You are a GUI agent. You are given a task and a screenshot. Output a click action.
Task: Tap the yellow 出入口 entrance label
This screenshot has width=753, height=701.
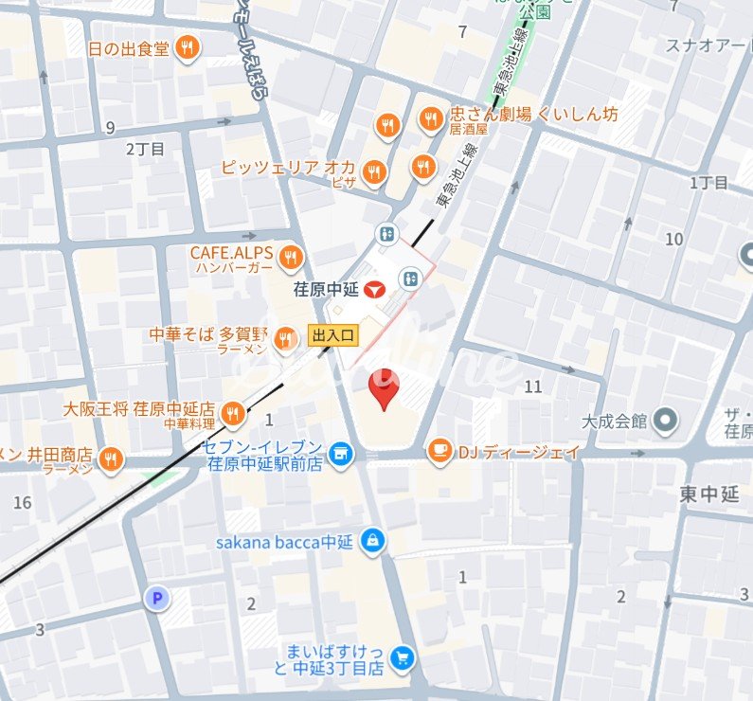(x=333, y=334)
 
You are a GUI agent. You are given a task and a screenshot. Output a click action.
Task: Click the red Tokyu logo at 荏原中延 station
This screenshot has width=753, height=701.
(x=376, y=287)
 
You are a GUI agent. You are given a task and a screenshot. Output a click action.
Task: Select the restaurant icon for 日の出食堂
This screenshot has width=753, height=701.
(x=188, y=47)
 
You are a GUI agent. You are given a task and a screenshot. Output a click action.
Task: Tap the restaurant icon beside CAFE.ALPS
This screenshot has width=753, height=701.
(x=291, y=257)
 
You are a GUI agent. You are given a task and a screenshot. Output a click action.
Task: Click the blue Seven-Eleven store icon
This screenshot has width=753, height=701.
(x=341, y=457)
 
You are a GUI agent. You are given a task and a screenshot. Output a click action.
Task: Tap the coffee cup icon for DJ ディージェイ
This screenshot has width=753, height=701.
(x=439, y=452)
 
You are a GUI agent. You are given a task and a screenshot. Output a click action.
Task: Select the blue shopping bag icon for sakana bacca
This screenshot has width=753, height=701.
(x=374, y=541)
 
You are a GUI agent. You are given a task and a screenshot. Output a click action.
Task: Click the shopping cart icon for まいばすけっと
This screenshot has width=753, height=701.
(x=403, y=658)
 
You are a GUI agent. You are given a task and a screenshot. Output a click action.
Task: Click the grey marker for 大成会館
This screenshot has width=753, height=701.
(x=666, y=418)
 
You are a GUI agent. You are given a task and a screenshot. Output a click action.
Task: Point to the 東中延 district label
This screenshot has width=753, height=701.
(x=708, y=494)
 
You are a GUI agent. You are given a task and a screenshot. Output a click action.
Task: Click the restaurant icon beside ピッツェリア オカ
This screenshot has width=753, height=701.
(x=375, y=171)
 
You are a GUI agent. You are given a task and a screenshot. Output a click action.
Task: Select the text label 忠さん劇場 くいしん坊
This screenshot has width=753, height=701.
(x=534, y=114)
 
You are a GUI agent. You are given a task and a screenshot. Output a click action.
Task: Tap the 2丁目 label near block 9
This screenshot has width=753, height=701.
(x=145, y=149)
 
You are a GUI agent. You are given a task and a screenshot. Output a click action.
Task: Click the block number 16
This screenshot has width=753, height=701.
(x=23, y=502)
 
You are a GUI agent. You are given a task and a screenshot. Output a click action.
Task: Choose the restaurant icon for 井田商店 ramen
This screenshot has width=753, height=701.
(x=112, y=458)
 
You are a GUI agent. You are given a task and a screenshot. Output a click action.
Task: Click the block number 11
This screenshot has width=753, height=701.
(x=532, y=386)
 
